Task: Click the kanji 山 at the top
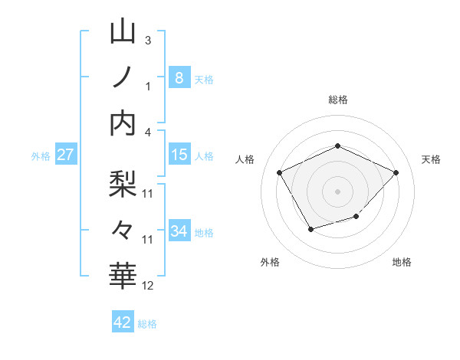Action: tap(123, 32)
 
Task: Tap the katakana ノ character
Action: tap(123, 77)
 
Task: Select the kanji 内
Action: tap(123, 123)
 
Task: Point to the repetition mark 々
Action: tap(123, 228)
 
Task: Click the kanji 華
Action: tap(123, 273)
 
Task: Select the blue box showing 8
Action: tap(179, 77)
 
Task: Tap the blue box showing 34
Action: tap(179, 232)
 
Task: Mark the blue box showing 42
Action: tap(123, 322)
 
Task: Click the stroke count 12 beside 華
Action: tap(148, 286)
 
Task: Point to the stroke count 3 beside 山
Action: tap(148, 40)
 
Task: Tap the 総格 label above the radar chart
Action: tap(338, 100)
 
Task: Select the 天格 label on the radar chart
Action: tap(431, 159)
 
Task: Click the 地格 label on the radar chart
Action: tap(402, 263)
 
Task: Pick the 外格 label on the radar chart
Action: tap(270, 263)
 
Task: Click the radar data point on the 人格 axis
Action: tap(280, 172)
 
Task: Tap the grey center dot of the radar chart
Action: tap(337, 191)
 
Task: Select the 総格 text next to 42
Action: tap(147, 324)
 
